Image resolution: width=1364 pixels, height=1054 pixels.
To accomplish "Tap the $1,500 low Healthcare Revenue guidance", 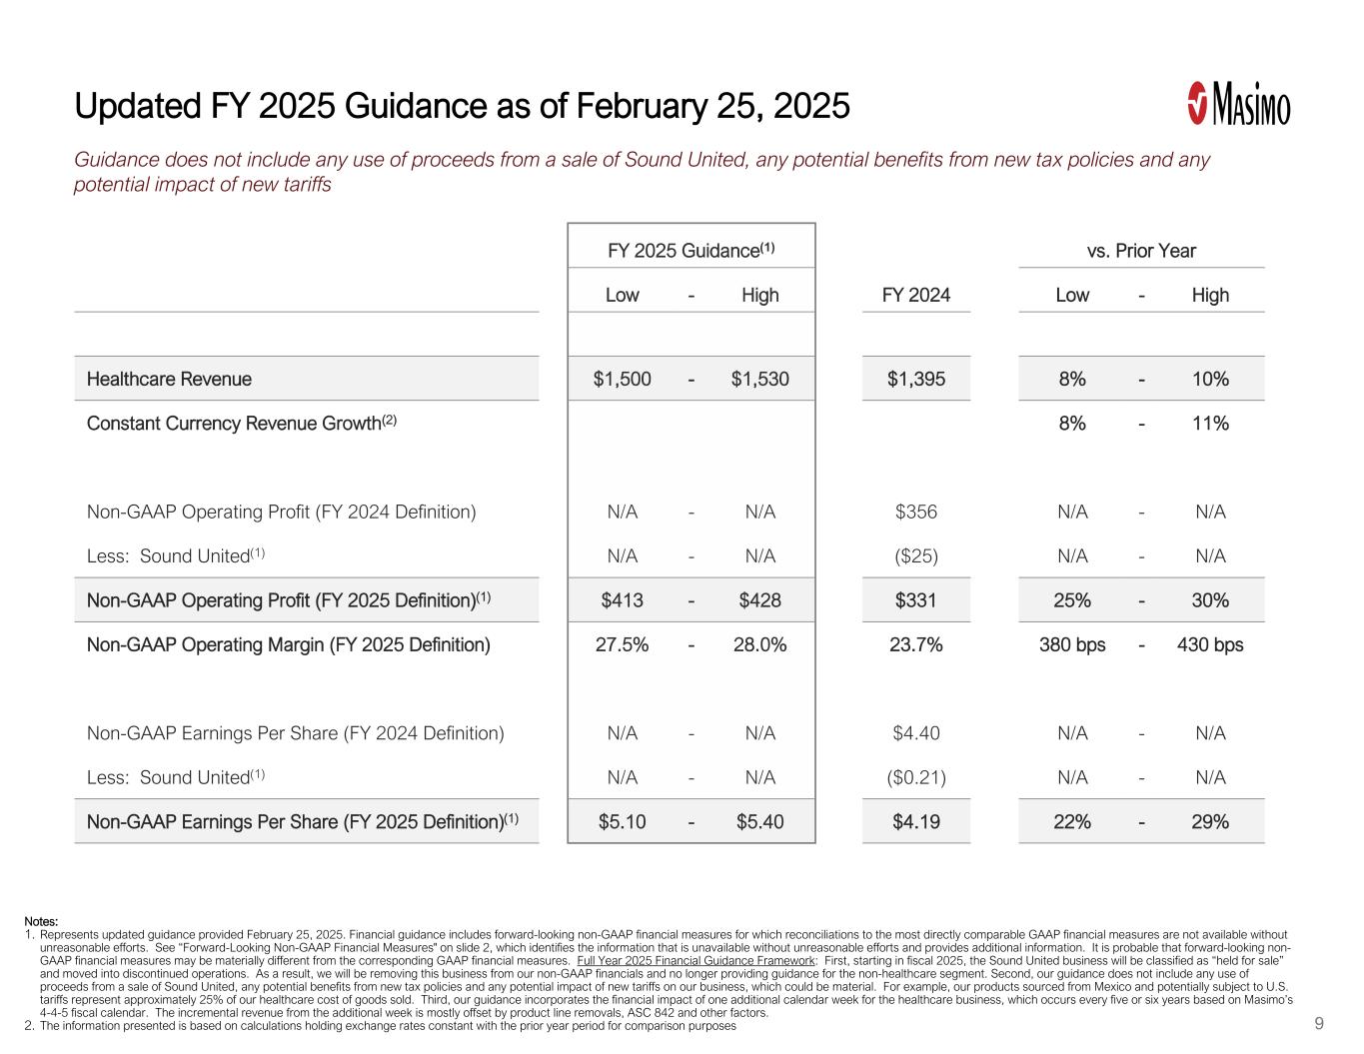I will click(x=622, y=379).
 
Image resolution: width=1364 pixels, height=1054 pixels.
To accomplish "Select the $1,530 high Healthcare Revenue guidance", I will click(x=759, y=379).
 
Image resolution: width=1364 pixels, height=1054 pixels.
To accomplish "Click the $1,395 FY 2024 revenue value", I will click(x=915, y=379).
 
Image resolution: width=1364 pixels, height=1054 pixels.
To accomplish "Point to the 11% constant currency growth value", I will click(x=1210, y=423).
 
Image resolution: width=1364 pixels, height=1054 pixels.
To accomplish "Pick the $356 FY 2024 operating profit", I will click(x=915, y=512).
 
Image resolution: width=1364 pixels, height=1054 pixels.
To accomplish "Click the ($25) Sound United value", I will click(x=915, y=555).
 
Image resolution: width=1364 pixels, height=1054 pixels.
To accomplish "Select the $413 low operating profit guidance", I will click(x=622, y=600).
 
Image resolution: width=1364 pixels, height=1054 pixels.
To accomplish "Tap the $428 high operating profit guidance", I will click(x=759, y=600).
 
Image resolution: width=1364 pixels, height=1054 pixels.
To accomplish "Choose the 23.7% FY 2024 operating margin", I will click(x=915, y=644).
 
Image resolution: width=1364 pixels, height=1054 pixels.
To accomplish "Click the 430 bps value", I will click(x=1210, y=644).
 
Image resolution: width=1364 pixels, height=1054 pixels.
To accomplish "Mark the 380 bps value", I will click(x=1072, y=644).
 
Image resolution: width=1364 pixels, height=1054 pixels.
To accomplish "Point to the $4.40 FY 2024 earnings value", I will click(x=915, y=733).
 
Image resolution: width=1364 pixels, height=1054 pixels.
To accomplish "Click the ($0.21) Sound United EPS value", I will click(x=915, y=777).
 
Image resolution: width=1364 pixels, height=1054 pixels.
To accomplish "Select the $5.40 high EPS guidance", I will click(x=759, y=821).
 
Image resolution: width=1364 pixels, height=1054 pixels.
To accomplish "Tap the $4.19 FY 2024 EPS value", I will click(x=915, y=821).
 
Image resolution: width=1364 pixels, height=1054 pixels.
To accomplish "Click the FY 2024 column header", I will click(x=915, y=295).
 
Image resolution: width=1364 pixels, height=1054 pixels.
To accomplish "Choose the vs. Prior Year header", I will click(x=1141, y=251).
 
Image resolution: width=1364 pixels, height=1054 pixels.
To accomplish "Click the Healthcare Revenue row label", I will click(x=169, y=379).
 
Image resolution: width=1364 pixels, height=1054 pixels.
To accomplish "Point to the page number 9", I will click(x=1319, y=1023).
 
